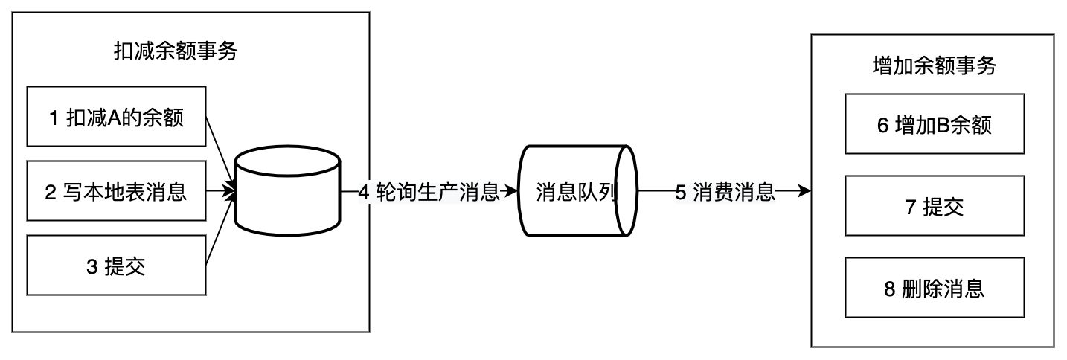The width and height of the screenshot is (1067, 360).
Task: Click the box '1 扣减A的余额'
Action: (x=115, y=116)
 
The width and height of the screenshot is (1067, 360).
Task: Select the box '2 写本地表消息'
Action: (x=115, y=193)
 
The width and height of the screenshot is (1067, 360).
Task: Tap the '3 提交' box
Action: (x=115, y=266)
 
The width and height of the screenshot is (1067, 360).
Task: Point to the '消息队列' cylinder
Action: (x=576, y=192)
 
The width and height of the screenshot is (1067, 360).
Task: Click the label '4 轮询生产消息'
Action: (x=429, y=192)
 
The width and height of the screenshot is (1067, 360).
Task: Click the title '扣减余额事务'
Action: (x=176, y=51)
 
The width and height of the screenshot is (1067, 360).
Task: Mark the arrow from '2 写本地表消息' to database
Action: (x=220, y=192)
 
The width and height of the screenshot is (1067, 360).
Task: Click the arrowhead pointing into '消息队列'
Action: (x=512, y=192)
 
